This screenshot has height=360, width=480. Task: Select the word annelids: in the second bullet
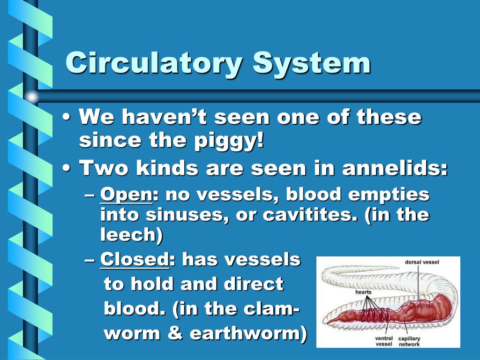(395, 168)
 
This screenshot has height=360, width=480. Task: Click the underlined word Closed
(134, 259)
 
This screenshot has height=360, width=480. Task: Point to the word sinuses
(173, 215)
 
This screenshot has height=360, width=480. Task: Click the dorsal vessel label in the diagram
(422, 262)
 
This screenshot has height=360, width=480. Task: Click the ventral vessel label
(383, 341)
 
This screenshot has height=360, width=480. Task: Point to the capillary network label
(409, 341)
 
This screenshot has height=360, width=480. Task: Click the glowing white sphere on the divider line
(31, 97)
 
